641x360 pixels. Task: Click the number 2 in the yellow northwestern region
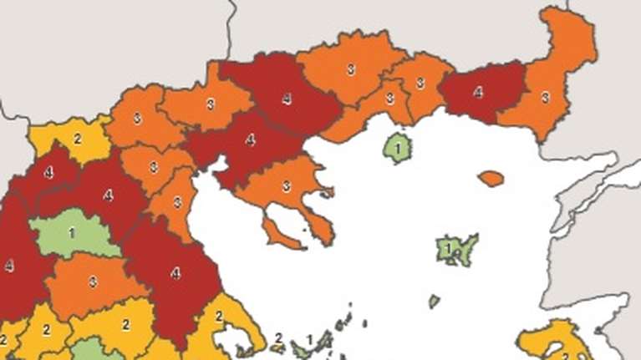pyautogui.click(x=78, y=138)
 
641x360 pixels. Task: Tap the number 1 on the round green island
pyautogui.click(x=399, y=149)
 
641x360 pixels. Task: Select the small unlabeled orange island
pyautogui.click(x=491, y=178)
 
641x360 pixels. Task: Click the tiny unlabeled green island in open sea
pyautogui.click(x=434, y=301)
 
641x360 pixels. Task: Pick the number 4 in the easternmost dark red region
pyautogui.click(x=478, y=92)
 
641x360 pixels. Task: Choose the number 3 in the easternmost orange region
pyautogui.click(x=545, y=97)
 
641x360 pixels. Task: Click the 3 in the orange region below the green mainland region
pyautogui.click(x=92, y=281)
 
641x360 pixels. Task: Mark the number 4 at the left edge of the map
pyautogui.click(x=9, y=266)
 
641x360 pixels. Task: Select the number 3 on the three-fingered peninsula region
pyautogui.click(x=286, y=186)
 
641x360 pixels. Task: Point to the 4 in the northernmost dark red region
pyautogui.click(x=287, y=99)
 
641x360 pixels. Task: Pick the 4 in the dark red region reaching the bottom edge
pyautogui.click(x=175, y=272)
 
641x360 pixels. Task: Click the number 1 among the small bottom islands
pyautogui.click(x=311, y=338)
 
